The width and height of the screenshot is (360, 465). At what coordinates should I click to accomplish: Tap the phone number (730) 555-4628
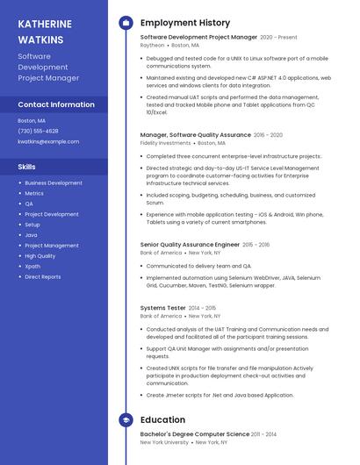pos(38,131)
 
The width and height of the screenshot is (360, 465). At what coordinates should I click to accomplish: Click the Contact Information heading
pos(56,104)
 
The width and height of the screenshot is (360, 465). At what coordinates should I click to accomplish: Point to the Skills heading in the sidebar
pos(27,166)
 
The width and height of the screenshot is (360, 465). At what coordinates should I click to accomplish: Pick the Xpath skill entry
pos(32,266)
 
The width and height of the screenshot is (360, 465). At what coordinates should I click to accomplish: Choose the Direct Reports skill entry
pos(42,276)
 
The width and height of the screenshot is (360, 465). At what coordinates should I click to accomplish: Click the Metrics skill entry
pos(33,193)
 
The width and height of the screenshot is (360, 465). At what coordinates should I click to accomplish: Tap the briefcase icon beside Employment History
pos(126,23)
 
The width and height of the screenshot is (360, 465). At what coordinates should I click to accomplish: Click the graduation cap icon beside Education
pos(126,420)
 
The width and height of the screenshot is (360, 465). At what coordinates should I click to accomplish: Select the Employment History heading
pos(184,23)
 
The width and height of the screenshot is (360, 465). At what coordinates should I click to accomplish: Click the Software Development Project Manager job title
pos(198,38)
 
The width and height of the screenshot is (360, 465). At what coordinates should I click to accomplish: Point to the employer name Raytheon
pos(152,45)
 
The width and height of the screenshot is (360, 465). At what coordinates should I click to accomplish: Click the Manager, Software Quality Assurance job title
pos(195,135)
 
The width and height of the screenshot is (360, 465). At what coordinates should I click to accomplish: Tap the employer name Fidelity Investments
pos(165,142)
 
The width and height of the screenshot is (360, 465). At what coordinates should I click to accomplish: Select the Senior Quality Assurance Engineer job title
pos(190,245)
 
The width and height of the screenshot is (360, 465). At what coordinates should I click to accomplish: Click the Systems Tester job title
pos(163,308)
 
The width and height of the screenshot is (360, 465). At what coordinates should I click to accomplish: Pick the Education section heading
pos(162,420)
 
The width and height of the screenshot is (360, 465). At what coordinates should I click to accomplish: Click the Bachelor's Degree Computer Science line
pos(195,434)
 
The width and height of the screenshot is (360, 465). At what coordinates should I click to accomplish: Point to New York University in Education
pos(164,442)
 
